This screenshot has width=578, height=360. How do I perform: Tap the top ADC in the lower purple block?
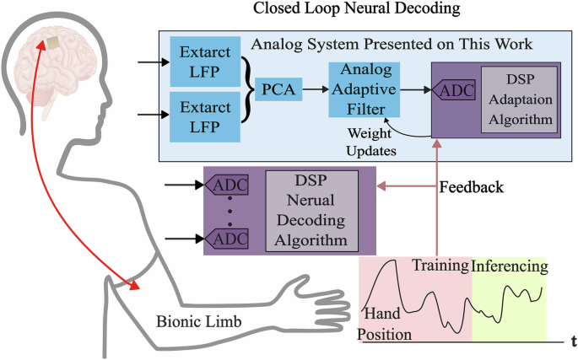click(x=231, y=183)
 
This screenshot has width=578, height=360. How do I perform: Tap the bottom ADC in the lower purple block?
click(x=231, y=239)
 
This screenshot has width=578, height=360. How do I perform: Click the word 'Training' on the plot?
click(x=440, y=266)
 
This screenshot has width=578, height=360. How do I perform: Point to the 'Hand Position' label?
click(x=387, y=324)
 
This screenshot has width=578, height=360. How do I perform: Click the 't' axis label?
click(x=573, y=341)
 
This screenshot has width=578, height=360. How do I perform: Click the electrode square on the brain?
click(x=52, y=42)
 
